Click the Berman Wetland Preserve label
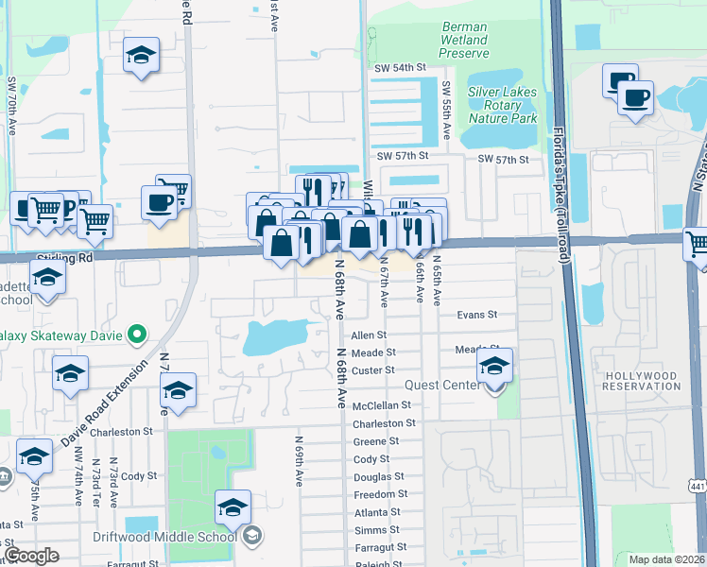pyautogui.click(x=464, y=41)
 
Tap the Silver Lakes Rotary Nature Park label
pyautogui.click(x=497, y=105)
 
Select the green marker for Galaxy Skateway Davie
pyautogui.click(x=137, y=333)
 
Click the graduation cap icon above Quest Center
pyautogui.click(x=494, y=366)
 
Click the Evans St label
pyautogui.click(x=475, y=315)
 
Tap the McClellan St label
pyautogui.click(x=382, y=405)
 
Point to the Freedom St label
pyautogui.click(x=381, y=494)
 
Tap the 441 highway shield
pyautogui.click(x=698, y=486)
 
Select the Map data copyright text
pyautogui.click(x=665, y=559)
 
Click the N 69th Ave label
pyautogui.click(x=298, y=461)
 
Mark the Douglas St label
pyautogui.click(x=379, y=477)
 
